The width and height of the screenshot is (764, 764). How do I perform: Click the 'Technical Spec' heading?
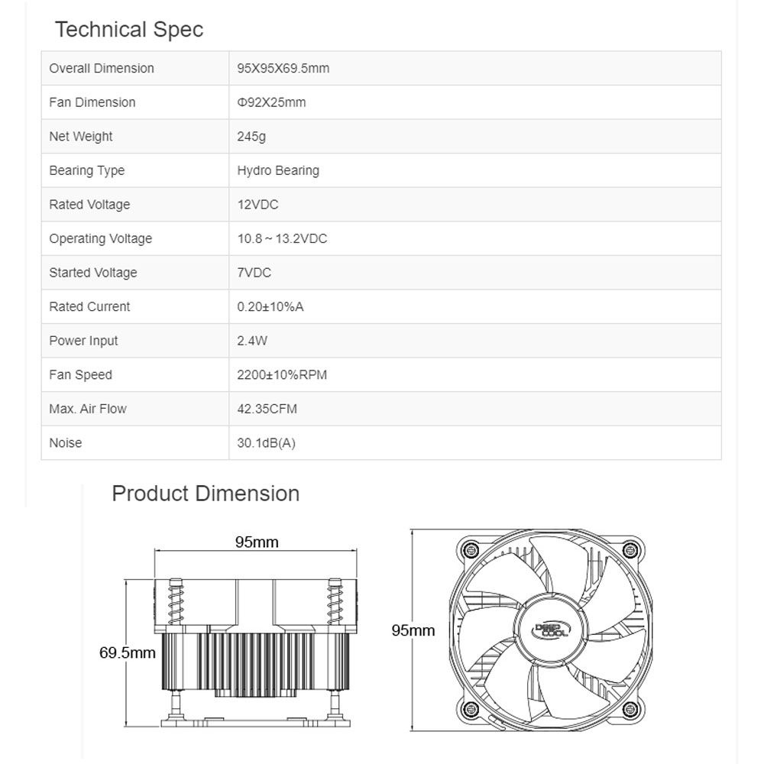click(129, 30)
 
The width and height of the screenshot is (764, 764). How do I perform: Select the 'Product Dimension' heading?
click(206, 494)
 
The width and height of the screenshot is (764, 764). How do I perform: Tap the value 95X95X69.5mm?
click(283, 68)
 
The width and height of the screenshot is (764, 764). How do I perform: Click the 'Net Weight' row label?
click(81, 137)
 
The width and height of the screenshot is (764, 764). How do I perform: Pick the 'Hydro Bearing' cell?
click(278, 170)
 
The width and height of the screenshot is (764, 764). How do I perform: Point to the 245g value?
click(251, 137)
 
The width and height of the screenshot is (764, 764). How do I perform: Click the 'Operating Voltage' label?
click(100, 238)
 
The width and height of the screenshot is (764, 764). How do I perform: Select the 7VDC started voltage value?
click(254, 273)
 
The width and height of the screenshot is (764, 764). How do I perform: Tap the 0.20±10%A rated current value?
click(270, 306)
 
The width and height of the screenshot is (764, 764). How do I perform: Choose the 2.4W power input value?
click(252, 341)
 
